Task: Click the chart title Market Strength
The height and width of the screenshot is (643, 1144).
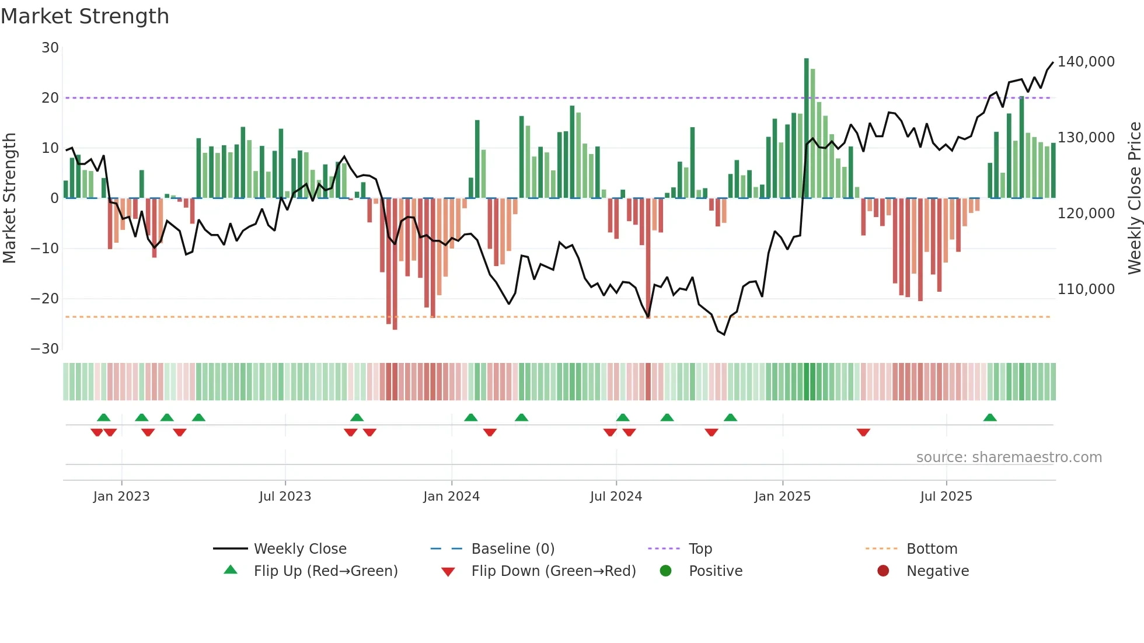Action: [x=85, y=16]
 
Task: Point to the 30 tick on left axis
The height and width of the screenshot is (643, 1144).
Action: [x=50, y=48]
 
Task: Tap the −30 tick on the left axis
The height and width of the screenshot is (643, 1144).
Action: [x=45, y=349]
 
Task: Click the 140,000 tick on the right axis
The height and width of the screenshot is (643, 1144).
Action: [x=1086, y=62]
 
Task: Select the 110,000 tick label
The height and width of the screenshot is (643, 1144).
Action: [x=1086, y=289]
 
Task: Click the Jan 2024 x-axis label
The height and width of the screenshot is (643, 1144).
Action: [x=451, y=497]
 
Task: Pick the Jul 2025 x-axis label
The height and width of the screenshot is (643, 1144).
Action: [x=946, y=497]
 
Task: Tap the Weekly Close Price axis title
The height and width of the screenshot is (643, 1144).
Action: [x=1134, y=198]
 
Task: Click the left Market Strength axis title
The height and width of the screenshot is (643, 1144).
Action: [x=9, y=198]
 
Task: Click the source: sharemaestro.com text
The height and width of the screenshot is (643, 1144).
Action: [x=1009, y=457]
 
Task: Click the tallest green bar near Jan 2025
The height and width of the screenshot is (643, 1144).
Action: [x=807, y=128]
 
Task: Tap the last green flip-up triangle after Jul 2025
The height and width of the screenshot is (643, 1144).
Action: [x=990, y=418]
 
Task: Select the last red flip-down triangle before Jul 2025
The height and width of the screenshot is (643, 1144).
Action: [x=863, y=432]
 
